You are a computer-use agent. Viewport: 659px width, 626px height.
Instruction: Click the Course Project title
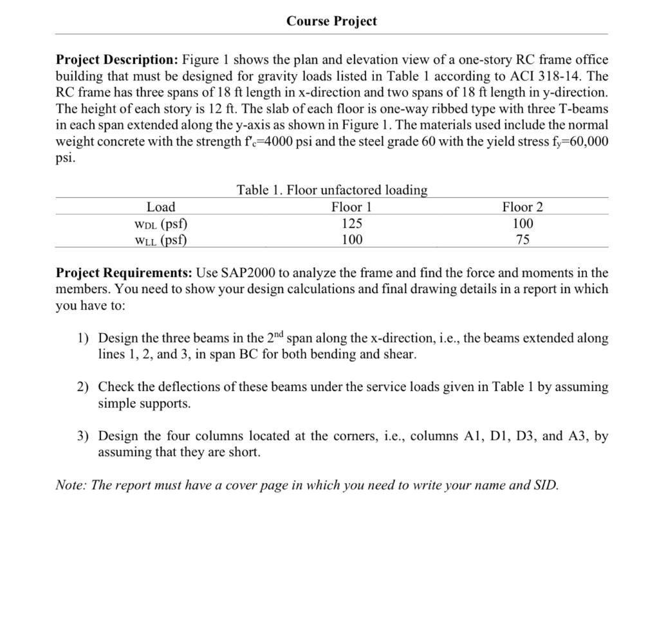pyautogui.click(x=331, y=21)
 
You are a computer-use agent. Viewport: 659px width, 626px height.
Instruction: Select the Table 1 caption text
pyautogui.click(x=331, y=190)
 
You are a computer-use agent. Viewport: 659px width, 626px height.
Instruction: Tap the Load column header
pyautogui.click(x=161, y=207)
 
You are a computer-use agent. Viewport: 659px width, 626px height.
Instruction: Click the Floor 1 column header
pyautogui.click(x=351, y=207)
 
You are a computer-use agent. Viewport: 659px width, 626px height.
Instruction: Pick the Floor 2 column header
pyautogui.click(x=523, y=207)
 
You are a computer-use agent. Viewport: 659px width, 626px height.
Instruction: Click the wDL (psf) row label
pyautogui.click(x=161, y=223)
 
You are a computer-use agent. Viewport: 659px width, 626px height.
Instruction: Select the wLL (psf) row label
pyautogui.click(x=161, y=240)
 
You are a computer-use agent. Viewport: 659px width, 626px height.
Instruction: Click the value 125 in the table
pyautogui.click(x=351, y=223)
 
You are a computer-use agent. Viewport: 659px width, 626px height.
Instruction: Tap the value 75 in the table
pyautogui.click(x=523, y=240)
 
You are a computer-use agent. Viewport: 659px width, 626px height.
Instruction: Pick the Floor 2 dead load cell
pyautogui.click(x=523, y=223)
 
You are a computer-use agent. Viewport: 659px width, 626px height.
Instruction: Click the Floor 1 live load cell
pyautogui.click(x=351, y=240)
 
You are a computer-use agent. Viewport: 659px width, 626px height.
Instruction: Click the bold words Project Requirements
pyautogui.click(x=122, y=273)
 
